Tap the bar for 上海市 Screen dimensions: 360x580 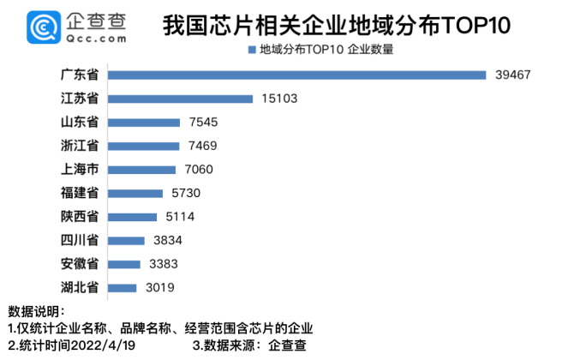(x=144, y=170)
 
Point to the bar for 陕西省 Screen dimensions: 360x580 (x=135, y=217)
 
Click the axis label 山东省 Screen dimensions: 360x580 (x=84, y=123)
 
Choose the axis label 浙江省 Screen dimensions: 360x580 (x=84, y=146)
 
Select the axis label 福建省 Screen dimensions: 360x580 (x=84, y=193)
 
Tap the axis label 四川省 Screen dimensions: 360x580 (x=84, y=240)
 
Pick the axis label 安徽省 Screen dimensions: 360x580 (x=84, y=264)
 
